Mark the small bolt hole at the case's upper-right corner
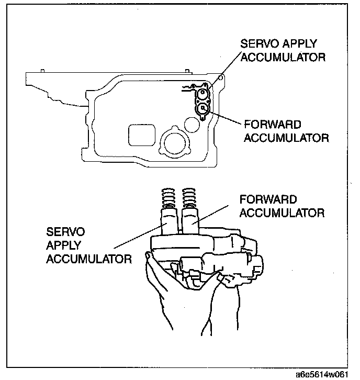click(x=221, y=79)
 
